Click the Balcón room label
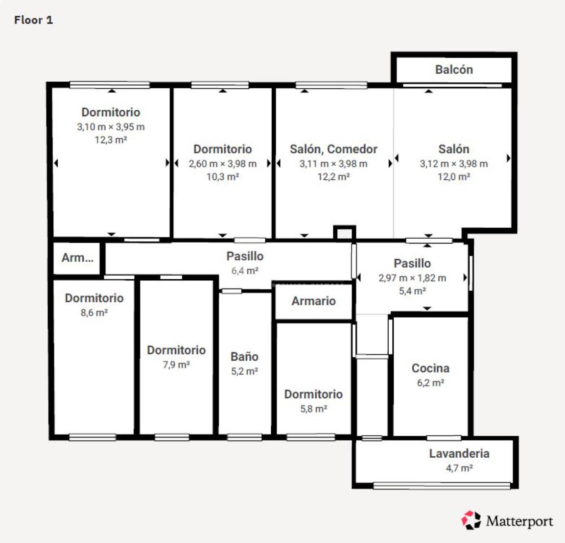(454, 69)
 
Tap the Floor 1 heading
(33, 20)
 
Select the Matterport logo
(507, 520)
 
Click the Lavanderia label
(459, 453)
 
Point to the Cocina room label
(430, 368)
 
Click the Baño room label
(244, 356)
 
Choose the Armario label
(313, 301)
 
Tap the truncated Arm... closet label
(77, 258)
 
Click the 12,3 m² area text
(111, 140)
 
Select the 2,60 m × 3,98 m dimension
(223, 164)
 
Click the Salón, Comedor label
(334, 149)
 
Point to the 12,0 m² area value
(454, 176)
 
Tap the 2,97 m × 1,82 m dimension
(412, 278)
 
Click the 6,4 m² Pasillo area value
(245, 271)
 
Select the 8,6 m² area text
(94, 313)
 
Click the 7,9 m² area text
(176, 365)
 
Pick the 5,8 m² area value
(313, 409)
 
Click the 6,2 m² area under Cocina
(430, 383)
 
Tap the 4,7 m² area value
(459, 469)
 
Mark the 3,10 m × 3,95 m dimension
(111, 127)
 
